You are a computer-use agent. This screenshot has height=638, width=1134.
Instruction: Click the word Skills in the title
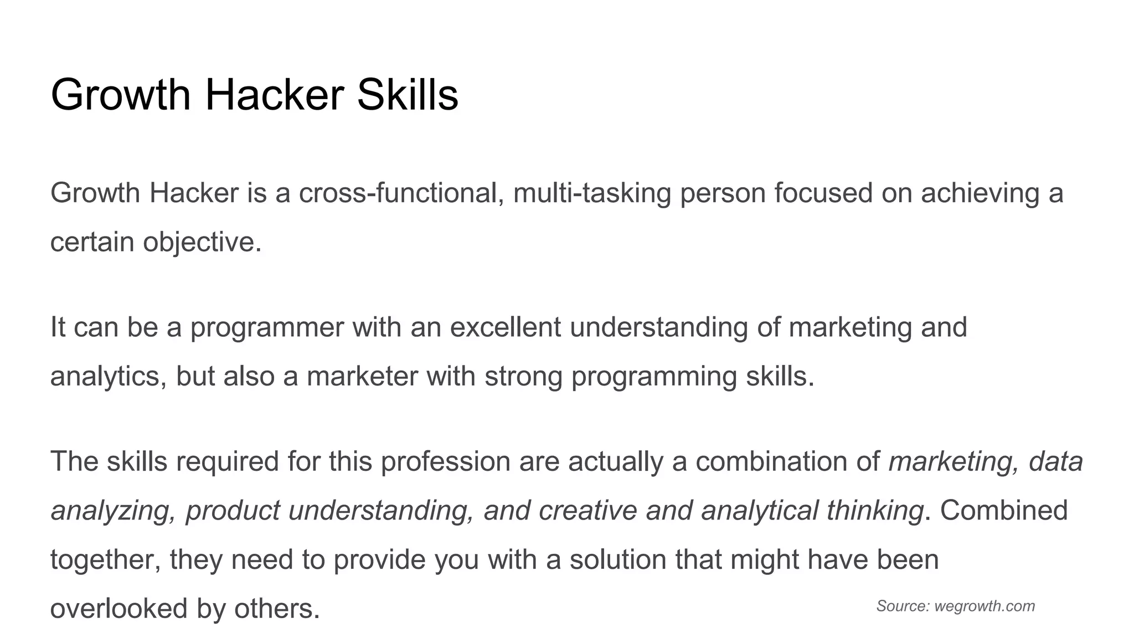coord(408,95)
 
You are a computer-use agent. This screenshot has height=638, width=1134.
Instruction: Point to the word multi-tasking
coord(592,193)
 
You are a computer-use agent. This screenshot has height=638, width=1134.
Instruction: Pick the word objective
coord(202,243)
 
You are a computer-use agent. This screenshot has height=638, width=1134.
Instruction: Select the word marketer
coord(362,377)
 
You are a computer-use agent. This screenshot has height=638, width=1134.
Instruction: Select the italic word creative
coord(587,511)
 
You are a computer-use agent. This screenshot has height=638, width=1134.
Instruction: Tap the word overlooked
coord(119,609)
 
